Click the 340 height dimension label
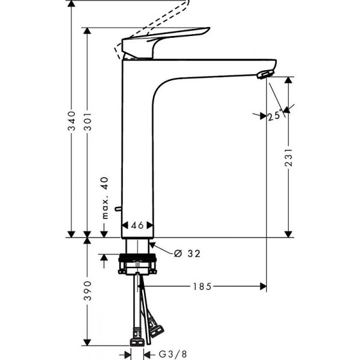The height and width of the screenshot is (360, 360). point(71,121)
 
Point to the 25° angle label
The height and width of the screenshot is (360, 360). point(274,116)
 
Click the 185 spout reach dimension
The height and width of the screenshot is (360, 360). point(202,287)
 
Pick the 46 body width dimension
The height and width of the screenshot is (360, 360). point(138,226)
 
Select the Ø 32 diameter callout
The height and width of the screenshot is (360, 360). point(186,253)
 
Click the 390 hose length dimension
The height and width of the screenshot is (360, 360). point(88,290)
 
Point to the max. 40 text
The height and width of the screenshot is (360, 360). point(104,199)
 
